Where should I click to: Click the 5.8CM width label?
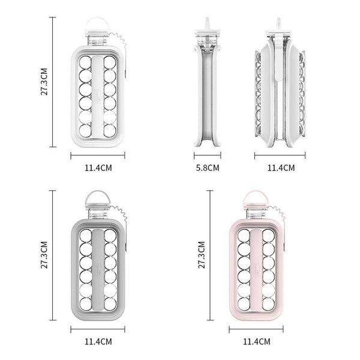click(208, 168)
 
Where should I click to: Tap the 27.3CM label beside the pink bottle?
click(202, 255)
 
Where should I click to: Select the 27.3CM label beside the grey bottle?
click(44, 255)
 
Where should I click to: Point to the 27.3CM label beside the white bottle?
click(44, 82)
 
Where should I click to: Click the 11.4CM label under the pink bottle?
click(257, 341)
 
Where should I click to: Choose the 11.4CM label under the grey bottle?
click(98, 341)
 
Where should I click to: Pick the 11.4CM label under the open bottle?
click(281, 168)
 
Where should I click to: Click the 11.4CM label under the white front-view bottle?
click(98, 168)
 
